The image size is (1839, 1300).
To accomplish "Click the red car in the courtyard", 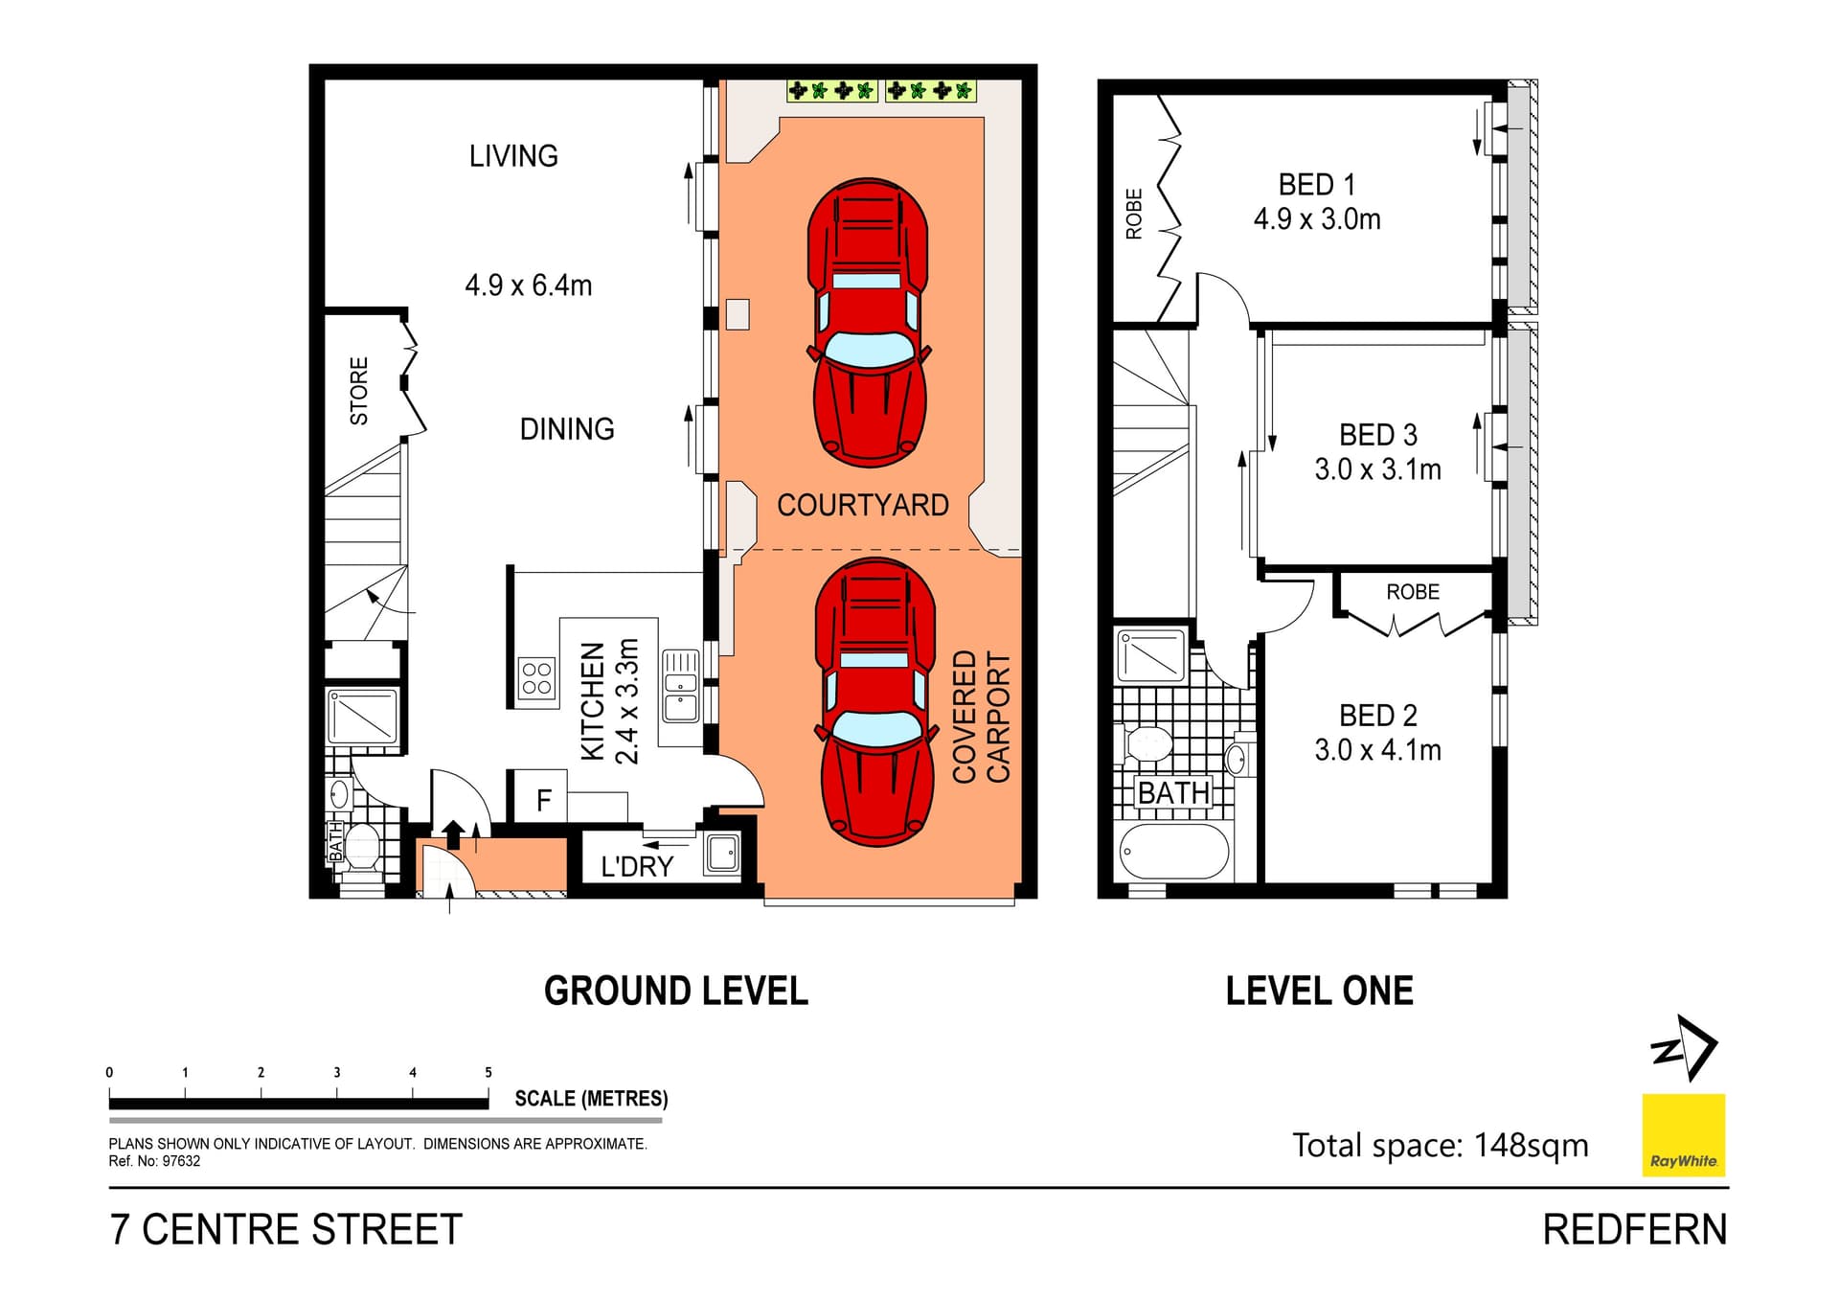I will [868, 322].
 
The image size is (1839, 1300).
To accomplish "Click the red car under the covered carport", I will [875, 701].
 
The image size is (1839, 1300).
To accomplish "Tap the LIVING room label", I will [513, 156].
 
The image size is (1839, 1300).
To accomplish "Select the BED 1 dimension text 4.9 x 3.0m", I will [1317, 219].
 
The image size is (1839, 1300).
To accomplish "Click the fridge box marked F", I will [543, 799].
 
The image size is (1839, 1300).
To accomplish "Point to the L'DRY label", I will [636, 866].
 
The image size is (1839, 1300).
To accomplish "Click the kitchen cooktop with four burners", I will [536, 678].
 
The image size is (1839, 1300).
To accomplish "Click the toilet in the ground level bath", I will [362, 847].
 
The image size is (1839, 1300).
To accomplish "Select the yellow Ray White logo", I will [1683, 1134].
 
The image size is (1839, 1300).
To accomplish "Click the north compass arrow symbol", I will [1686, 1048].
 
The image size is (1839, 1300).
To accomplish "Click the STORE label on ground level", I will [359, 391].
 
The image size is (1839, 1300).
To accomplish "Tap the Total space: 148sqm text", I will [1440, 1145].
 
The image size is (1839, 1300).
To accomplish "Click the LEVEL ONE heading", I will [1319, 991].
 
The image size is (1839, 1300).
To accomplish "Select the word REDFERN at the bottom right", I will [1634, 1229].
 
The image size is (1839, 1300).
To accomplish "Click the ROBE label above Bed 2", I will [1413, 592].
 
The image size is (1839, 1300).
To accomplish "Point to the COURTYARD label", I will [862, 505].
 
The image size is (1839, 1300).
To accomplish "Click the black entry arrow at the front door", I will [454, 832].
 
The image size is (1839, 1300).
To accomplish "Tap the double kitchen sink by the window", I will [681, 686].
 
